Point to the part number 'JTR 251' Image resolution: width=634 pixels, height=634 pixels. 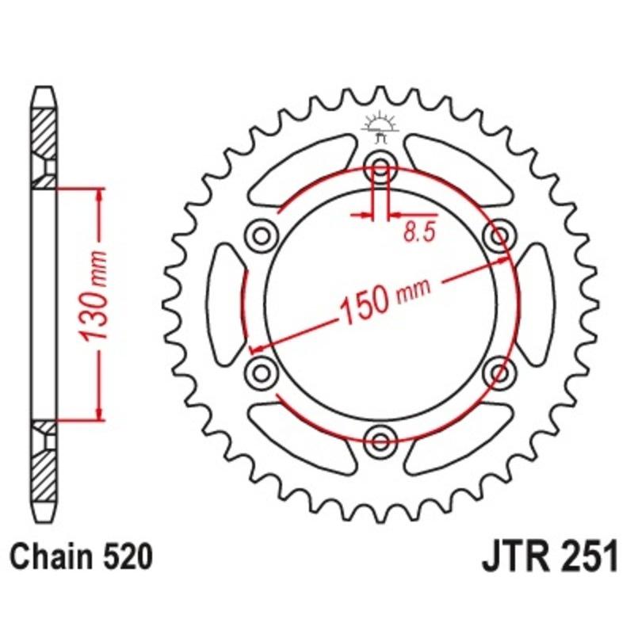click(548, 557)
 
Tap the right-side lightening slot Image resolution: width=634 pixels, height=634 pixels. click(536, 302)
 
